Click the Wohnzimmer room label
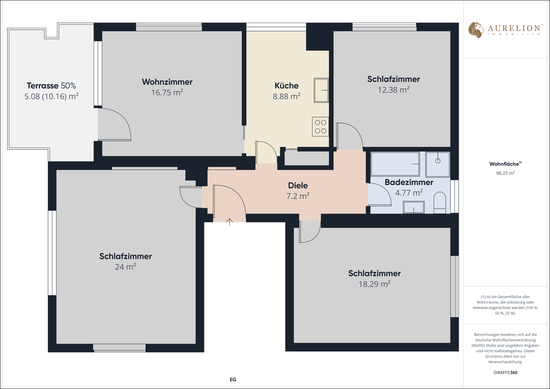click(x=167, y=82)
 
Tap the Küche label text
click(x=287, y=85)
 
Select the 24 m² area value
click(x=126, y=266)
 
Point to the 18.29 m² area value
click(x=375, y=284)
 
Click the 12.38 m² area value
click(x=393, y=90)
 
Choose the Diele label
click(x=298, y=185)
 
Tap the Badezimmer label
click(x=409, y=182)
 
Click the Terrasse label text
click(x=43, y=86)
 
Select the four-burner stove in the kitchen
click(x=320, y=127)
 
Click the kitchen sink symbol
click(x=321, y=90)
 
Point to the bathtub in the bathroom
click(x=395, y=164)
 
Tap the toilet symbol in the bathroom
click(x=440, y=202)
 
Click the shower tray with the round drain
click(x=438, y=164)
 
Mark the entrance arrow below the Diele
click(x=229, y=222)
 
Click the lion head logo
click(x=476, y=30)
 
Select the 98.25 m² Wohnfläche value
click(x=505, y=173)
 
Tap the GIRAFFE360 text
click(x=505, y=372)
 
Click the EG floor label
click(x=233, y=379)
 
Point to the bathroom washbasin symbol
click(x=414, y=207)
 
